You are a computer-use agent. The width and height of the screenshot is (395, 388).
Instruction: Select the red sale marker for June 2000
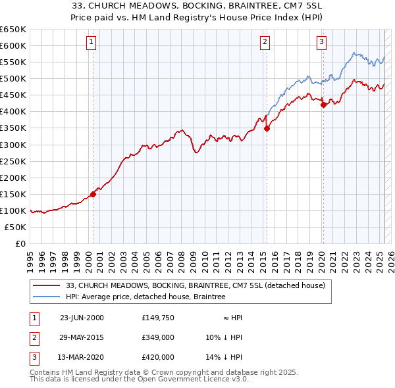tap(93, 194)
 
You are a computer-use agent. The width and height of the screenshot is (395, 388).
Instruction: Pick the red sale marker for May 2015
tap(267, 129)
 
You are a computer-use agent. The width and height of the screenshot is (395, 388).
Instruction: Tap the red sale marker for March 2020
tap(323, 105)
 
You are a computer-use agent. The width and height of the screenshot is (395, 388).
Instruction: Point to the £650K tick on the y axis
tap(14, 30)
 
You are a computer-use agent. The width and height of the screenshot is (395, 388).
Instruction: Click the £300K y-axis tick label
tap(14, 145)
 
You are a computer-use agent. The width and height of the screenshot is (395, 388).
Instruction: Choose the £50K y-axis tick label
tap(16, 227)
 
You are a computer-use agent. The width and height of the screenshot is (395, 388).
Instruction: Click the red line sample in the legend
tap(46, 286)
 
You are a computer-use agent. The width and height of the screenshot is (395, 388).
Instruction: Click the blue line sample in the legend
tap(46, 297)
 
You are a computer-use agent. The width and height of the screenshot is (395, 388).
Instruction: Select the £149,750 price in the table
tap(157, 317)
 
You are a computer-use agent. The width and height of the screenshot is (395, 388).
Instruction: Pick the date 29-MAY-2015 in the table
tap(82, 337)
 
